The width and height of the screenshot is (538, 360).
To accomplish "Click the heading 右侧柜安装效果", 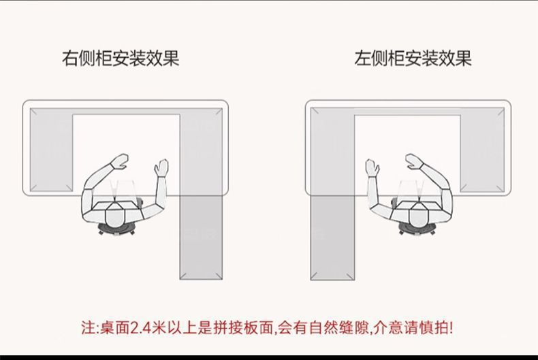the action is coord(121,59).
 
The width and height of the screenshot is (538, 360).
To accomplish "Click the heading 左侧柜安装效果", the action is coord(413,59).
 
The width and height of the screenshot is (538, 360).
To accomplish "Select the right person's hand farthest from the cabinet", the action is coord(413,161).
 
